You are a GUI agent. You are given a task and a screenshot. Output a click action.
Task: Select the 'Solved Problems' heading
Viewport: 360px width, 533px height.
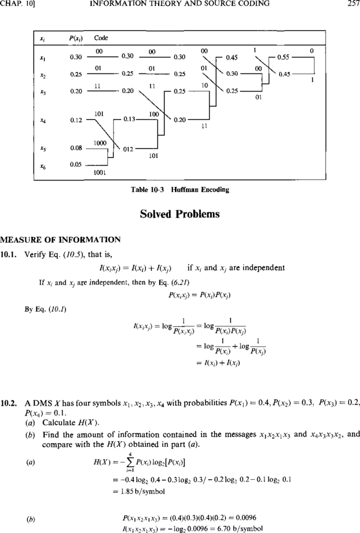[180, 214]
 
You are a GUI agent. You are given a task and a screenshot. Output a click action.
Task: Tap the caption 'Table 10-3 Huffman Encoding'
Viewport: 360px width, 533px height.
[180, 190]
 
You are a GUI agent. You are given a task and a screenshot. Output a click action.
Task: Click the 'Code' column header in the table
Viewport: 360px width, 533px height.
[101, 38]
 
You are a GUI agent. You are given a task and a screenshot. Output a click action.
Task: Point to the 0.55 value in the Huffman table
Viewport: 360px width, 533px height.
[283, 57]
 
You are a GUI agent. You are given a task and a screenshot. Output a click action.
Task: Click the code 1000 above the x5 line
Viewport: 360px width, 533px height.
[100, 144]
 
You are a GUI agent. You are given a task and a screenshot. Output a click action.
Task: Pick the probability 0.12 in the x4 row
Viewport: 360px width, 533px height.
[76, 120]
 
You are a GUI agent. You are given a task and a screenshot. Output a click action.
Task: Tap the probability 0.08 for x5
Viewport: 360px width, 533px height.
[76, 148]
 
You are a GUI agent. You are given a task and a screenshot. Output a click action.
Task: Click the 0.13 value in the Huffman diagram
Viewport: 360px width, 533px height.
[129, 119]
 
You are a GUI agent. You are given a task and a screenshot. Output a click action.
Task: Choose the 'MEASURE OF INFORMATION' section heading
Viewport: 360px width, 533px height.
[60, 240]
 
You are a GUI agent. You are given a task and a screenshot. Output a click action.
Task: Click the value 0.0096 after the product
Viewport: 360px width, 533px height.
[245, 518]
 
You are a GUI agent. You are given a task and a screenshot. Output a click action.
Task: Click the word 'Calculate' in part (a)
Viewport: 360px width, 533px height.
[58, 422]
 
